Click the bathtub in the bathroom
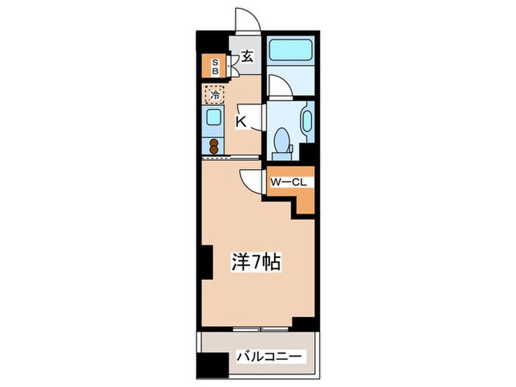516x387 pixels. [x=289, y=51]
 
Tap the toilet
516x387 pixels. [x=282, y=141]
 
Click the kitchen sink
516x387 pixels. [x=214, y=118]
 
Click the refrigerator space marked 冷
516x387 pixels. [x=215, y=95]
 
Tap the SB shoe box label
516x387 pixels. [x=215, y=67]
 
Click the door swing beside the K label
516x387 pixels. [x=255, y=118]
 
